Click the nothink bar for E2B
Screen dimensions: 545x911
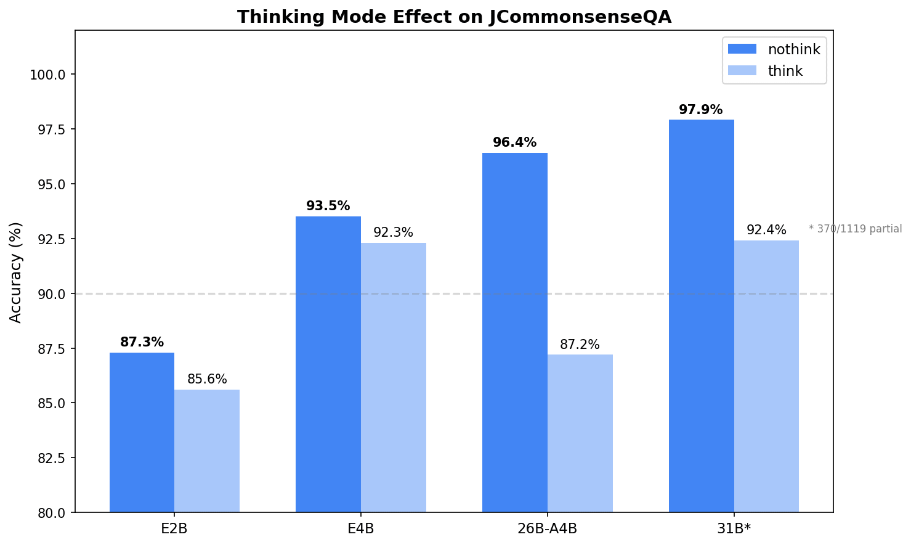[142, 432]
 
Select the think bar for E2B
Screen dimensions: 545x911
[207, 450]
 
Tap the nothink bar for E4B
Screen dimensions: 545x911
[328, 364]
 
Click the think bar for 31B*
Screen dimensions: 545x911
[766, 376]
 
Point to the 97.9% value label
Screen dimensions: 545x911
[701, 110]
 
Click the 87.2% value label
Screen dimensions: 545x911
[580, 345]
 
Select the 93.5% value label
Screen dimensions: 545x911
[328, 207]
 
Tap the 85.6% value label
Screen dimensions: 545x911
[207, 380]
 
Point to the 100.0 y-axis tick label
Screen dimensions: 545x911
[48, 75]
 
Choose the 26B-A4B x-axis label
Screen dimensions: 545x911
[548, 529]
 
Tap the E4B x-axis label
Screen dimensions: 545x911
[361, 529]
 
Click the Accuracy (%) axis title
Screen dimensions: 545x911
[16, 272]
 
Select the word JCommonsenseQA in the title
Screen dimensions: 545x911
[580, 17]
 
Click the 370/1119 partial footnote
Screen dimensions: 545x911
[855, 229]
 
